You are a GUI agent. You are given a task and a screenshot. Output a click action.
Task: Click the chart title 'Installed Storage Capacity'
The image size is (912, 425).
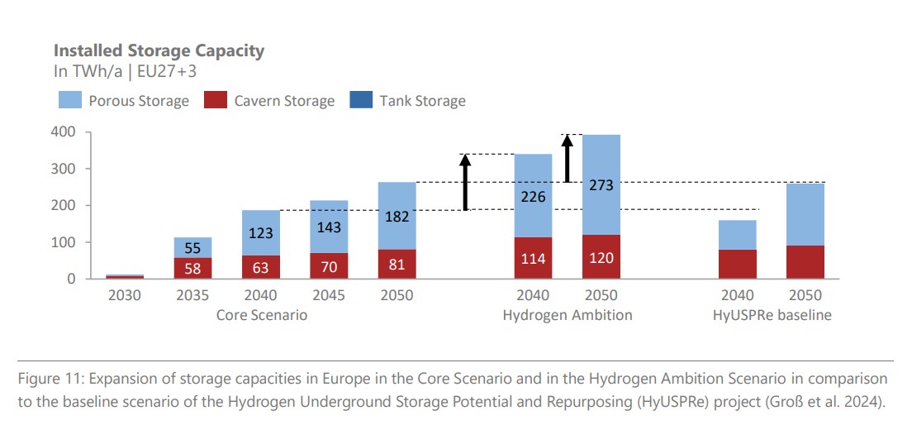[159, 50]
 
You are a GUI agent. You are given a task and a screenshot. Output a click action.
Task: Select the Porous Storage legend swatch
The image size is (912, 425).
[69, 101]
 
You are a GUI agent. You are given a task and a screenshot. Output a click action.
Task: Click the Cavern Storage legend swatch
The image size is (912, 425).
[214, 101]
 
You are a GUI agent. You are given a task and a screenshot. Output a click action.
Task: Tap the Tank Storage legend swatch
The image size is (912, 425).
[359, 101]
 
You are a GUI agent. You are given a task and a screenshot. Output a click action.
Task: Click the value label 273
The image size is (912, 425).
[601, 186]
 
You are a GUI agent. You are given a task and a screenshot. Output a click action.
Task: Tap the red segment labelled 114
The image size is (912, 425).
[533, 258]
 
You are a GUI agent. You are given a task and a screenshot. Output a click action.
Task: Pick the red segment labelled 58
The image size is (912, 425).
[192, 268]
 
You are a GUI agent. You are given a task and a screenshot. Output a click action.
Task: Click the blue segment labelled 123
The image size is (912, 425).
[260, 232]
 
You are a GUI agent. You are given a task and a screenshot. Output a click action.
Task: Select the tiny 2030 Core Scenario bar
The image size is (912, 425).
[125, 276]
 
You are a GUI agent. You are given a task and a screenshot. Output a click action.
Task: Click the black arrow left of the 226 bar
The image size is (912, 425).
[465, 183]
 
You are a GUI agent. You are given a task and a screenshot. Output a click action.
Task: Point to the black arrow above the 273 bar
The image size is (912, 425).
[568, 158]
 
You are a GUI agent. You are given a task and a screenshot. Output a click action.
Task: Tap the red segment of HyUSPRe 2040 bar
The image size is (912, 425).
[738, 264]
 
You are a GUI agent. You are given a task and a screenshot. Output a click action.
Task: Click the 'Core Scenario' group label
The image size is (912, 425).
[260, 315]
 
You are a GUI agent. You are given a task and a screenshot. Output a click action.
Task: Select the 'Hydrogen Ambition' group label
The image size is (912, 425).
[568, 315]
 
